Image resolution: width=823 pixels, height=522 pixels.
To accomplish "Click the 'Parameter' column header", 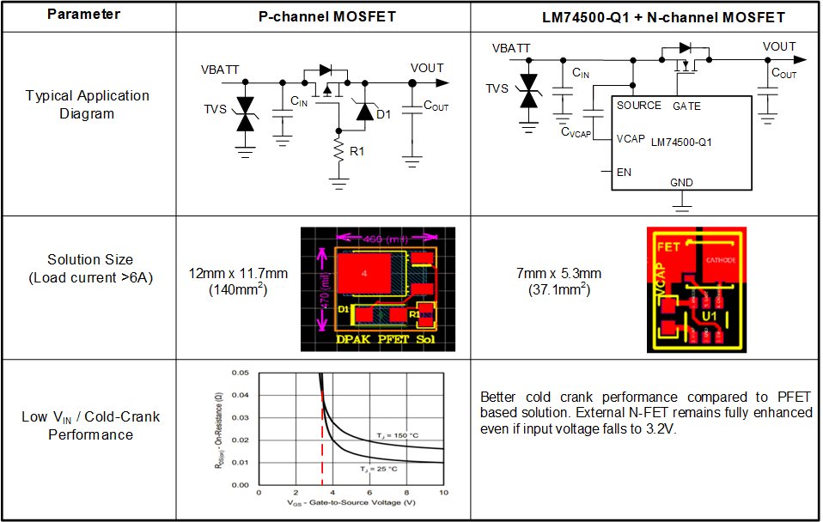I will (x=83, y=15).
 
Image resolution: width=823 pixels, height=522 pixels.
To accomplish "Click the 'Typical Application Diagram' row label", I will (x=87, y=104).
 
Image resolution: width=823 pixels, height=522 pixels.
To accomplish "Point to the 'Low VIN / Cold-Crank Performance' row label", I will (x=90, y=426).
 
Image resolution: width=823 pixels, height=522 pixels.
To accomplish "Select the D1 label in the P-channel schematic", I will (x=383, y=114).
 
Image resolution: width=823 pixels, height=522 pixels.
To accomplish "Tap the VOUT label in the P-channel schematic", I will (x=427, y=68).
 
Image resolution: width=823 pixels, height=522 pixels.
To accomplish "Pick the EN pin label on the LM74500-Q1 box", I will (x=625, y=172).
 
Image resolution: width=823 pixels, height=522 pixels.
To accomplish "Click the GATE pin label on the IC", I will (x=686, y=106).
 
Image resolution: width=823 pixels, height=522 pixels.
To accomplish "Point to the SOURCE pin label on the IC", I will (x=639, y=106).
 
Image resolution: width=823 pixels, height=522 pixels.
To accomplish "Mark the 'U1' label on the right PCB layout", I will (x=710, y=315).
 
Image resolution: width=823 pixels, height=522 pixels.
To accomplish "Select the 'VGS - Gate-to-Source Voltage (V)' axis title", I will (x=352, y=501).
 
